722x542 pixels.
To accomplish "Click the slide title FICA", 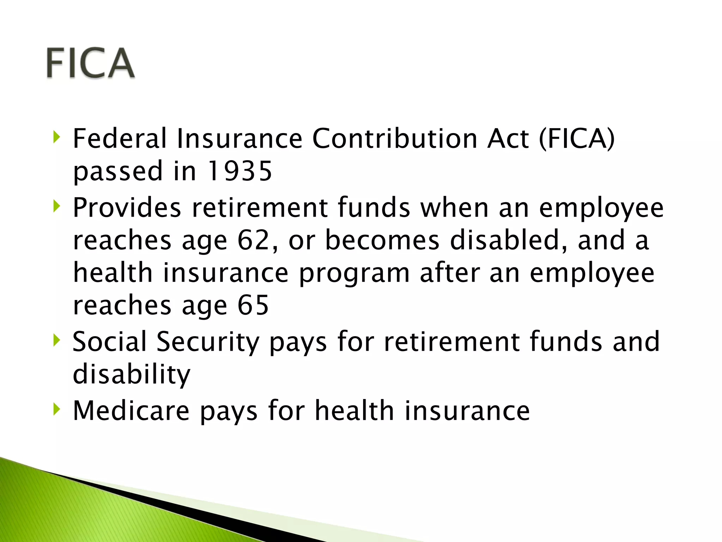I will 90,63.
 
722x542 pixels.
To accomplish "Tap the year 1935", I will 240,171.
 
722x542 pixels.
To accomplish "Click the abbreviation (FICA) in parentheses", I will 577,139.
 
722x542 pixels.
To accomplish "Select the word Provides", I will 127,207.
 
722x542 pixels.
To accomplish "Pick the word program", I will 354,273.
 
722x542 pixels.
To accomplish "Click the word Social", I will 109,341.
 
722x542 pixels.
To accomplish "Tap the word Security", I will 208,342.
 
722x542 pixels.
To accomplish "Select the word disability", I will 131,374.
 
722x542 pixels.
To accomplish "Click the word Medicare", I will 131,410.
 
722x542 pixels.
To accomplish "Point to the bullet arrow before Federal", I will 56,137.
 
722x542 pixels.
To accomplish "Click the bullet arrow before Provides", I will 56,206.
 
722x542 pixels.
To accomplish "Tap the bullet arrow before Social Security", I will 56,340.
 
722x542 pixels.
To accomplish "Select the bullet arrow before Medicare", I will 56,409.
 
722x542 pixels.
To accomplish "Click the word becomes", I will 382,240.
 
